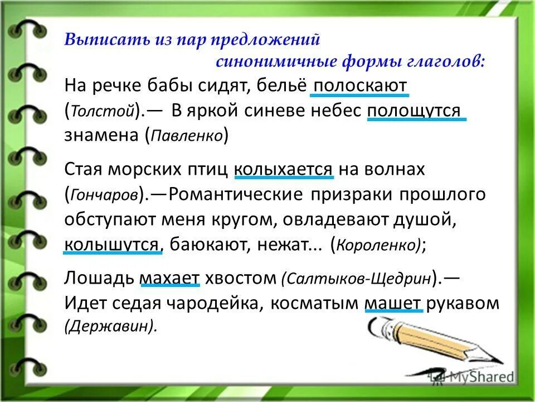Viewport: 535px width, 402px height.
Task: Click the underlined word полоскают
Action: [x=359, y=87]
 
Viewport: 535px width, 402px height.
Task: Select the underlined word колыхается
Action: [x=284, y=169]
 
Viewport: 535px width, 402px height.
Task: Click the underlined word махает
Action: [x=170, y=277]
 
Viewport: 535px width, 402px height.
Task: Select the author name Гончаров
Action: [x=104, y=194]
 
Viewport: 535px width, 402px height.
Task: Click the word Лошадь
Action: [x=99, y=277]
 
